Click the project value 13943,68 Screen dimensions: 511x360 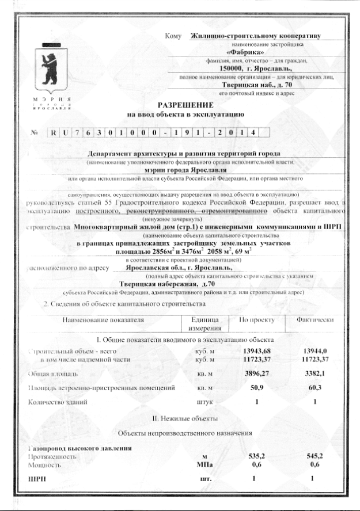(256, 350)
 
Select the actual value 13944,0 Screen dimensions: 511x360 (314, 350)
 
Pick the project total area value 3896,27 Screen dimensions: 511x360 (256, 373)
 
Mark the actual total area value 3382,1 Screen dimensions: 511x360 (314, 373)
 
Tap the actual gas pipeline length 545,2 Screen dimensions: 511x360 (314, 455)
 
